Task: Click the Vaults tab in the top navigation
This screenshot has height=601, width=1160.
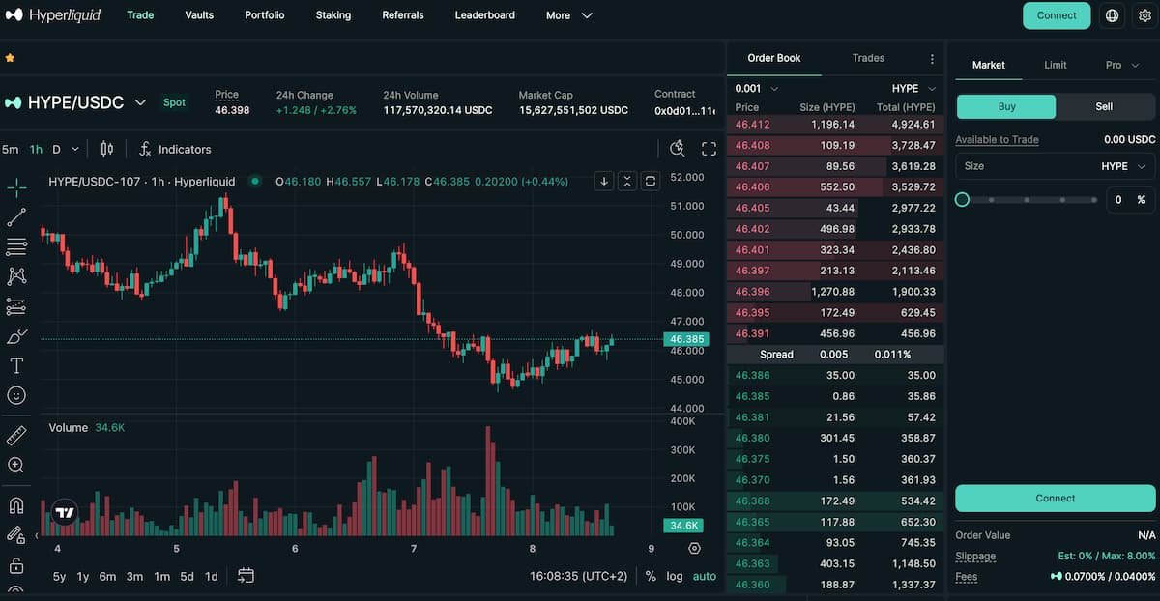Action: (199, 15)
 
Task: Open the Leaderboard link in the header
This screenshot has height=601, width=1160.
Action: (484, 15)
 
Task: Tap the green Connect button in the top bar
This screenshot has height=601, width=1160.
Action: (1056, 15)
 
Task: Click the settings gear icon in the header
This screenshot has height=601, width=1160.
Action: (1145, 15)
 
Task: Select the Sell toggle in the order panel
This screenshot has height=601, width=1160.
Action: (1104, 106)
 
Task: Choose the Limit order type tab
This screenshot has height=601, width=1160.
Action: (1056, 65)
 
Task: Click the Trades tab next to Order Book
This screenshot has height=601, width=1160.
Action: (868, 58)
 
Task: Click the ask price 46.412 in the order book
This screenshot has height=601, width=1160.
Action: (753, 124)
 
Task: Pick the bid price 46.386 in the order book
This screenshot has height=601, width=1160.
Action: (753, 375)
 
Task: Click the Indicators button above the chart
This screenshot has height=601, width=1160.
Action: (175, 149)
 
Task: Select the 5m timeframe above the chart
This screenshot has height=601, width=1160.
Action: (11, 149)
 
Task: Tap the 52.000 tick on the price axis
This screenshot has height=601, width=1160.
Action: (686, 178)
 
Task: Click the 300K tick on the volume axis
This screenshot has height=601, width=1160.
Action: (683, 450)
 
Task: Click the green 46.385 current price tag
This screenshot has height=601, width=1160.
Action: (686, 339)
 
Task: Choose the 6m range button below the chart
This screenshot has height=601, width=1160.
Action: (107, 576)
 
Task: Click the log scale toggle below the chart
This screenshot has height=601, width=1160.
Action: (675, 576)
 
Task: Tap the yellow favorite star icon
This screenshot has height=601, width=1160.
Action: (10, 58)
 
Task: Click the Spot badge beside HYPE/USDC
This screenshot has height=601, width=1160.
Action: (174, 102)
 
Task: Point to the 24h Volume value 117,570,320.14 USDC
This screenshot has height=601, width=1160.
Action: (437, 110)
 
